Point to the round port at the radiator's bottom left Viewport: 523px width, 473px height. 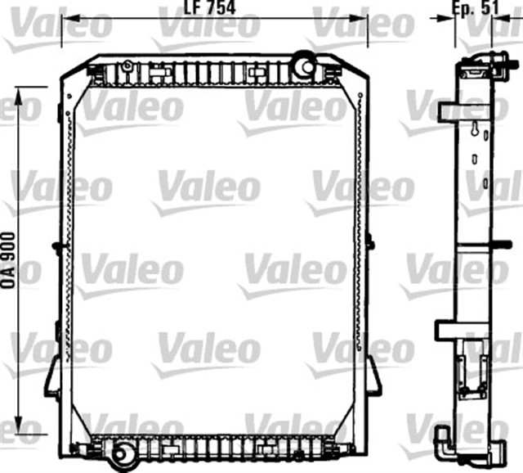click(x=123, y=454)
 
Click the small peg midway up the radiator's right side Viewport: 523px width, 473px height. click(x=370, y=241)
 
